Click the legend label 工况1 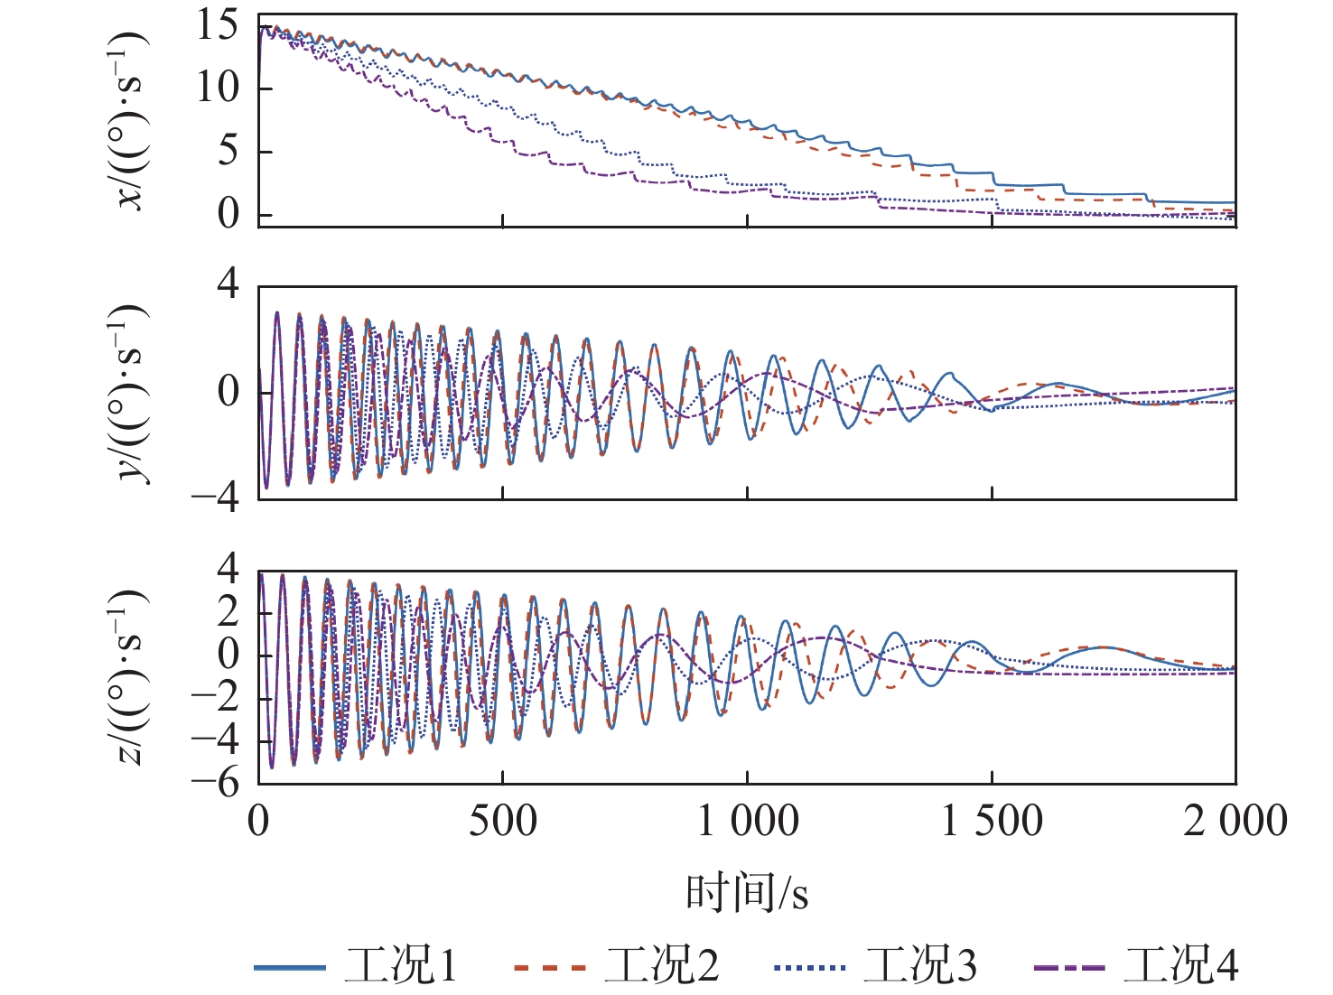(401, 965)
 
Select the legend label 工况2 (661, 965)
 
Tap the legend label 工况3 (920, 965)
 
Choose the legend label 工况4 (1180, 965)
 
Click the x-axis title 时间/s (747, 893)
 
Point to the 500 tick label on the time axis (502, 822)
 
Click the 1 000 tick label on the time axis (747, 822)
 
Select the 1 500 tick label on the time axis (992, 822)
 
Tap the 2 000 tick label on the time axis (1235, 822)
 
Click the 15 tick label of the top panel (218, 25)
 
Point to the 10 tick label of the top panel (218, 88)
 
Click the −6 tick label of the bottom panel (216, 782)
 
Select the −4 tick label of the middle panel (216, 497)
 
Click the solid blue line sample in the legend (290, 967)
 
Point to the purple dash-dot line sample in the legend (1068, 967)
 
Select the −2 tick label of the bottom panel (216, 697)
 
